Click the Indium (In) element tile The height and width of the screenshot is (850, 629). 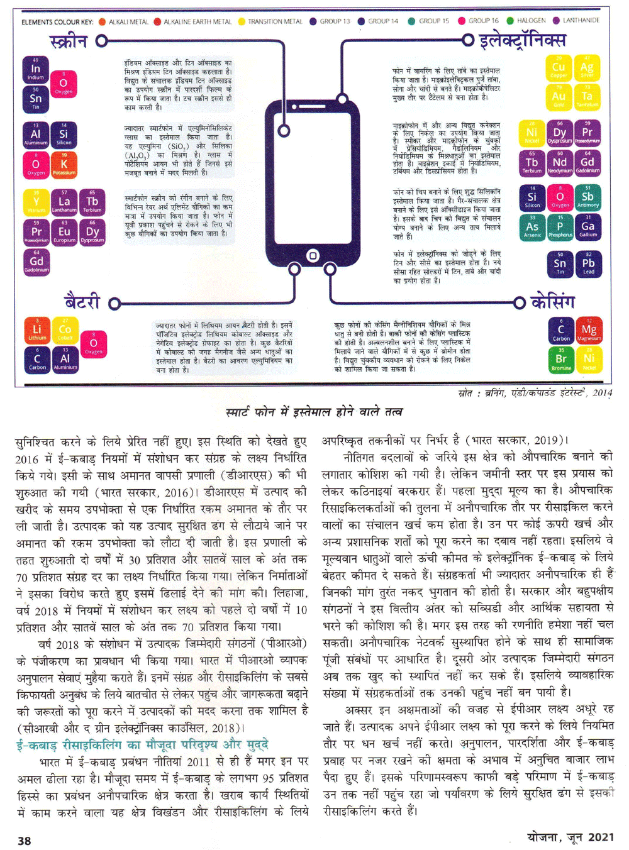[x=35, y=69]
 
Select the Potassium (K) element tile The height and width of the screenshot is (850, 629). [x=64, y=164]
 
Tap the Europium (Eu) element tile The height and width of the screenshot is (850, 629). [x=64, y=231]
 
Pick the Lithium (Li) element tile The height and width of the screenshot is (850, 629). [x=36, y=329]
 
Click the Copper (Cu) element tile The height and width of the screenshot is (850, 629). [x=559, y=67]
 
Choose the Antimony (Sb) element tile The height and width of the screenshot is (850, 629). [x=587, y=197]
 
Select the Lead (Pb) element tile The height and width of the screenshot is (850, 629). [x=588, y=264]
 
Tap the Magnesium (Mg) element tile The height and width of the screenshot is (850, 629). [x=589, y=329]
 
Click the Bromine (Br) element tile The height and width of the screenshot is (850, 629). [x=561, y=359]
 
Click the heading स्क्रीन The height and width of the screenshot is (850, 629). [x=68, y=42]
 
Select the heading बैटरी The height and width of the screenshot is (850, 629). [x=82, y=302]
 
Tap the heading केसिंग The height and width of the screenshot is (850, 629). [x=553, y=302]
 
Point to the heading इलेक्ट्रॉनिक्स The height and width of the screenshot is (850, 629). [x=522, y=41]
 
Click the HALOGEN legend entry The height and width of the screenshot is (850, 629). [x=531, y=21]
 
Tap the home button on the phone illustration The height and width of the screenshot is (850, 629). [x=313, y=255]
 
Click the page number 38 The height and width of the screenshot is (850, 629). [x=25, y=841]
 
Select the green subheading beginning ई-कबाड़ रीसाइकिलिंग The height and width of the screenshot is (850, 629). [x=142, y=744]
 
